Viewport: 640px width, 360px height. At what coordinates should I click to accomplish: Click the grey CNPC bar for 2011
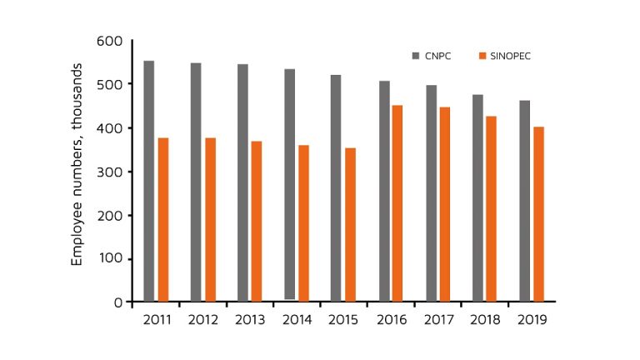(x=148, y=181)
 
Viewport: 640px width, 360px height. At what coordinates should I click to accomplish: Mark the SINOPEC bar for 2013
(x=257, y=221)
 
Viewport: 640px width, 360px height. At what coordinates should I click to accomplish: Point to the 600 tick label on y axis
(x=109, y=41)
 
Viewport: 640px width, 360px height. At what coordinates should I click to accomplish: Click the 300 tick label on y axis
(x=109, y=172)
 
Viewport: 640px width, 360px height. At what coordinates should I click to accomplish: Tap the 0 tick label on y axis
(x=117, y=302)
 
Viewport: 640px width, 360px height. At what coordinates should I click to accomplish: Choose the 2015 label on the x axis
(x=344, y=319)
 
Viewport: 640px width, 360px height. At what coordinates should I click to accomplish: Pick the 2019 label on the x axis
(x=532, y=319)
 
